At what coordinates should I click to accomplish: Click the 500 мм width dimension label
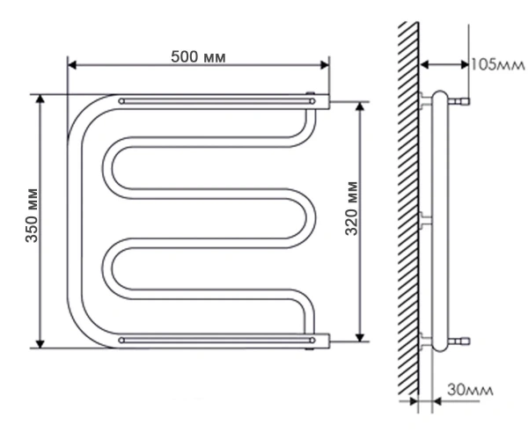pyautogui.click(x=198, y=57)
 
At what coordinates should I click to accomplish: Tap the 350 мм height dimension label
pyautogui.click(x=32, y=216)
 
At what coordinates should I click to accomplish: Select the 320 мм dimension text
pyautogui.click(x=351, y=209)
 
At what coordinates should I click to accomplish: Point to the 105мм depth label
pyautogui.click(x=497, y=64)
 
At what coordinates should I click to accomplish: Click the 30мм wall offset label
pyautogui.click(x=470, y=390)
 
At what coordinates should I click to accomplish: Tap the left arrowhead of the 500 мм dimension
pyautogui.click(x=72, y=65)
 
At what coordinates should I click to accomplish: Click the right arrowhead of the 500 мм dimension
pyautogui.click(x=325, y=65)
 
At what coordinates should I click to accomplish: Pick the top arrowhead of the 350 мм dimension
pyautogui.click(x=40, y=99)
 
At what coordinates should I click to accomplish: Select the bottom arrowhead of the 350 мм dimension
pyautogui.click(x=40, y=344)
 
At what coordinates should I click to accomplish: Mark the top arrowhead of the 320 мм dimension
pyautogui.click(x=360, y=106)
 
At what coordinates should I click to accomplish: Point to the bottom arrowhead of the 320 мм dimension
pyautogui.click(x=360, y=337)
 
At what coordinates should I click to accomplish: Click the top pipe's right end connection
pyautogui.click(x=323, y=102)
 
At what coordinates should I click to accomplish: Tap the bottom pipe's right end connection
pyautogui.click(x=323, y=341)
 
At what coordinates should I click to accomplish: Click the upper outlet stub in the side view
pyautogui.click(x=459, y=101)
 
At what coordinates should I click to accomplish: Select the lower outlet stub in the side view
pyautogui.click(x=459, y=341)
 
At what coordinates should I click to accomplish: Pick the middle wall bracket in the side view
pyautogui.click(x=425, y=221)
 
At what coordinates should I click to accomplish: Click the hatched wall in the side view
pyautogui.click(x=408, y=209)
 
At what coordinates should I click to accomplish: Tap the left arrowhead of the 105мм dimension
pyautogui.click(x=425, y=64)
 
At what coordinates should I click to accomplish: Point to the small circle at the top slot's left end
pyautogui.click(x=121, y=101)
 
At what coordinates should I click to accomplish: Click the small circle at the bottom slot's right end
pyautogui.click(x=312, y=341)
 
